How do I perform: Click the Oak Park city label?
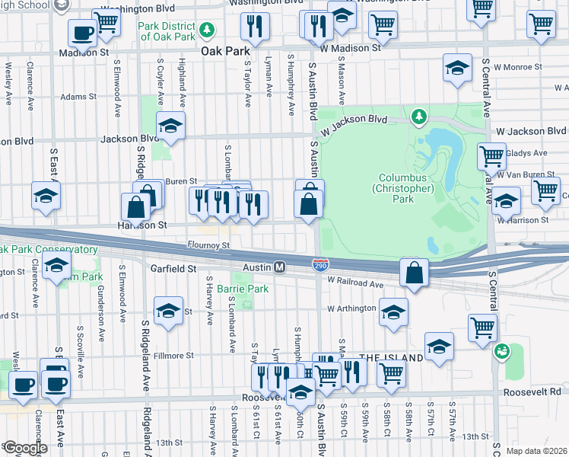click(225, 52)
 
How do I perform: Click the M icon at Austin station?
click(279, 267)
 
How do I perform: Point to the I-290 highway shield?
click(320, 263)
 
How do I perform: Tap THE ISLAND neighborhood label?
click(390, 357)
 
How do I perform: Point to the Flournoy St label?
click(208, 245)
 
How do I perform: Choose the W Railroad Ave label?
click(356, 282)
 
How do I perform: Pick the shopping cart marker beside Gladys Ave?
click(492, 157)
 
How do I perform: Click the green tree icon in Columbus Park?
click(417, 117)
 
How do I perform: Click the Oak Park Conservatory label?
click(49, 249)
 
